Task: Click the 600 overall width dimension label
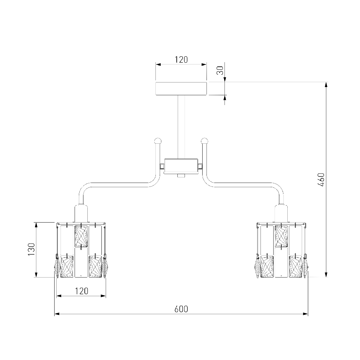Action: (181, 309)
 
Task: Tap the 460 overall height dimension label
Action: (321, 180)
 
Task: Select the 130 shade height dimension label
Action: (31, 250)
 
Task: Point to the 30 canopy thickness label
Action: (220, 70)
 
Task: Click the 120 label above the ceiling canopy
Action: (181, 60)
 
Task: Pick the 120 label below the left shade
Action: (81, 291)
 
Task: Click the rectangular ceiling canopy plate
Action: (181, 89)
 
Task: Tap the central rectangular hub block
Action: (181, 166)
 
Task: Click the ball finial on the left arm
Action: (158, 140)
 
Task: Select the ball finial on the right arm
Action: (204, 140)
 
